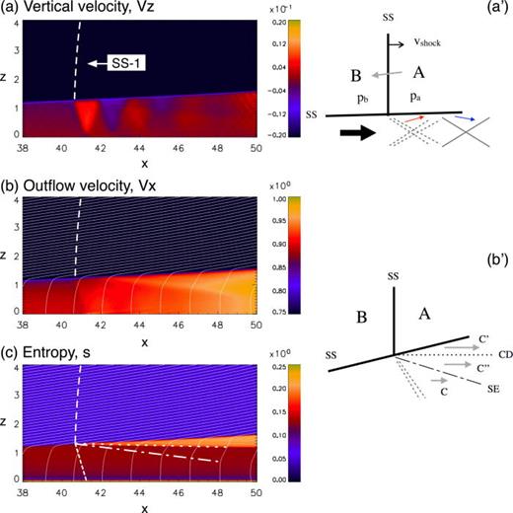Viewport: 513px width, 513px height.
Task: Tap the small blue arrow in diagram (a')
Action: coord(473,119)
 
